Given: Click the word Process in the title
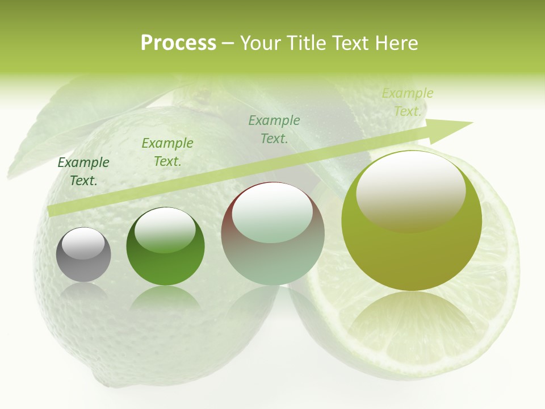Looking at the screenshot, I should [178, 43].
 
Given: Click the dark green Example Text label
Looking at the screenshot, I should [83, 172].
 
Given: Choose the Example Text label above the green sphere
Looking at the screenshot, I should [167, 152].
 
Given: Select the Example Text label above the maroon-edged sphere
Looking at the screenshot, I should [274, 130].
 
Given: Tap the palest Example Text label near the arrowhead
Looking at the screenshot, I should [407, 102].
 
